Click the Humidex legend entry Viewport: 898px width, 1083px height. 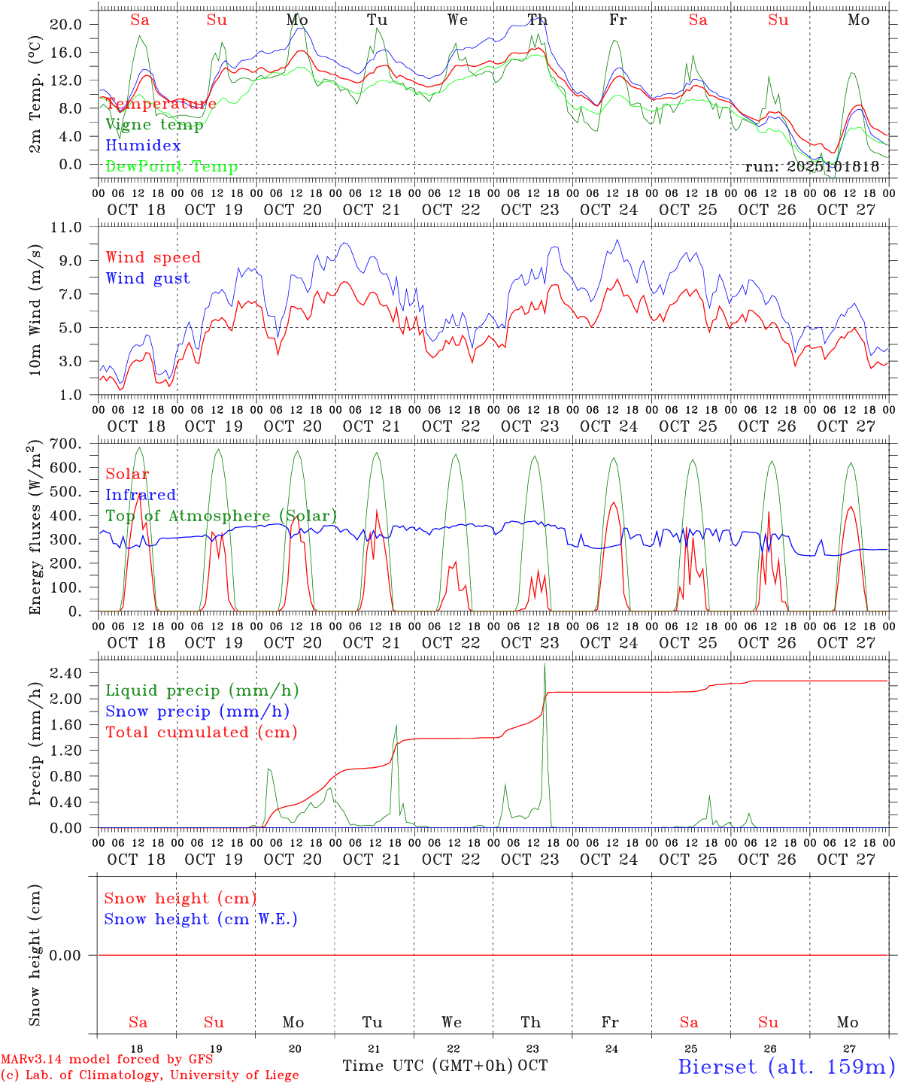(x=143, y=146)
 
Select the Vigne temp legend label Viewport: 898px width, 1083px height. (x=154, y=125)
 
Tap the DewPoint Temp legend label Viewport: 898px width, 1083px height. (x=171, y=167)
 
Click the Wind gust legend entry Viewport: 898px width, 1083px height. (x=147, y=278)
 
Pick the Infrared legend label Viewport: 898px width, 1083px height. (x=141, y=495)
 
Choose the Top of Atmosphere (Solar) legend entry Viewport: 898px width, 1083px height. (x=221, y=516)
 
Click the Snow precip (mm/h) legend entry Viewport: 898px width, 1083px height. (x=197, y=711)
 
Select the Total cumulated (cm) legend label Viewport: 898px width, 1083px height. (x=201, y=732)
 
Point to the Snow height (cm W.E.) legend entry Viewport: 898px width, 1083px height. (x=201, y=919)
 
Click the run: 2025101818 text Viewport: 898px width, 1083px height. (x=812, y=166)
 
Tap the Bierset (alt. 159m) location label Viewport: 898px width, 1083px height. (x=786, y=1066)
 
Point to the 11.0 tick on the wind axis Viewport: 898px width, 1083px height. (x=74, y=227)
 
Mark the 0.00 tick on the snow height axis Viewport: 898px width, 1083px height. (x=73, y=955)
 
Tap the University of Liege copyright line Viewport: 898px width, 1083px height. (x=150, y=1075)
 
